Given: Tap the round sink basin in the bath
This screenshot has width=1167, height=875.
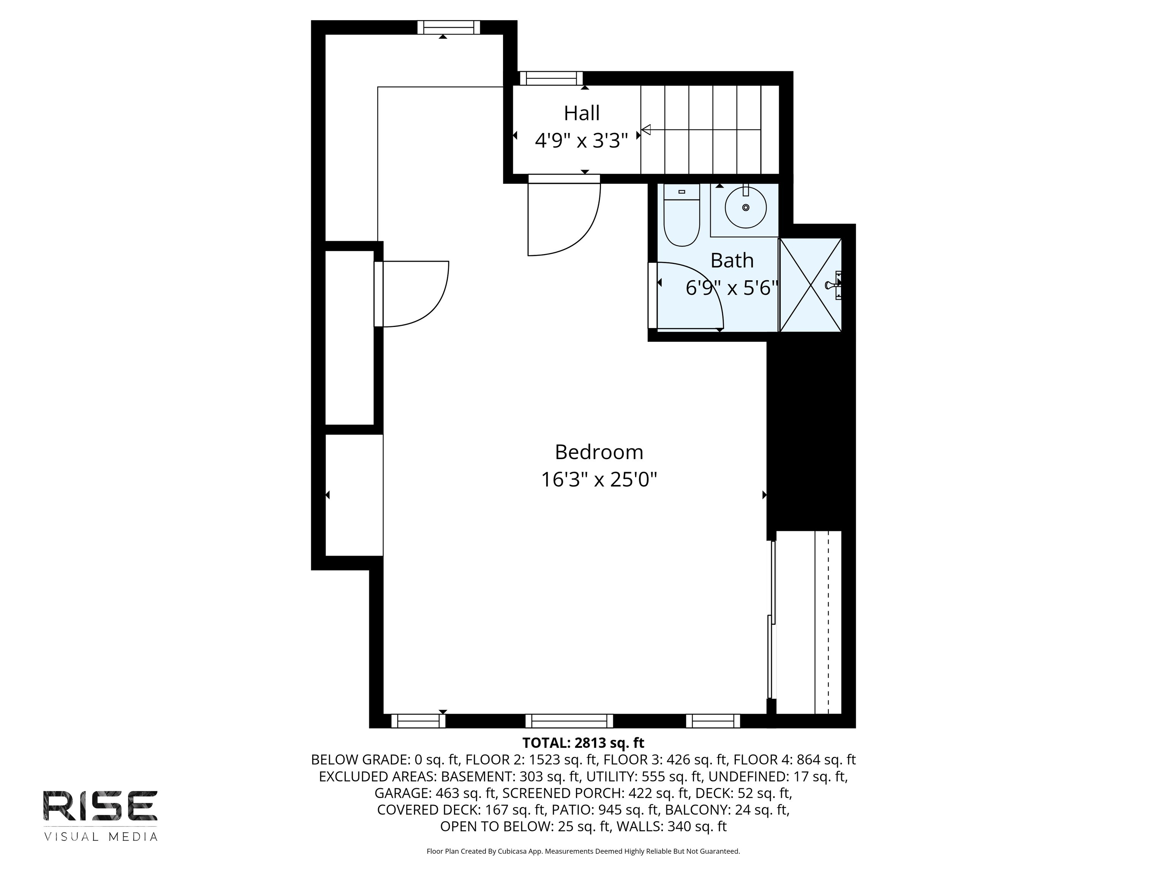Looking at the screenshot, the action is (745, 207).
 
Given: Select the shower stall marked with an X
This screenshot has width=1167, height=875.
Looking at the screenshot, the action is (810, 285).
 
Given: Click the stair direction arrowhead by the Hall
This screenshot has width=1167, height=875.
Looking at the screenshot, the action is (646, 129).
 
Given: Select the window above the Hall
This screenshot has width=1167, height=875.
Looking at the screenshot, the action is (551, 78).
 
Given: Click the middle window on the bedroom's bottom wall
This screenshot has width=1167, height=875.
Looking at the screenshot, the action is (569, 720).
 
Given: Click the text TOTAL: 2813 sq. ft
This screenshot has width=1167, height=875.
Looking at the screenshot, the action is (583, 742).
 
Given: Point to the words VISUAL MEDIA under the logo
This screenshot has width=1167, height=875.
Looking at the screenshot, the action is (100, 837).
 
